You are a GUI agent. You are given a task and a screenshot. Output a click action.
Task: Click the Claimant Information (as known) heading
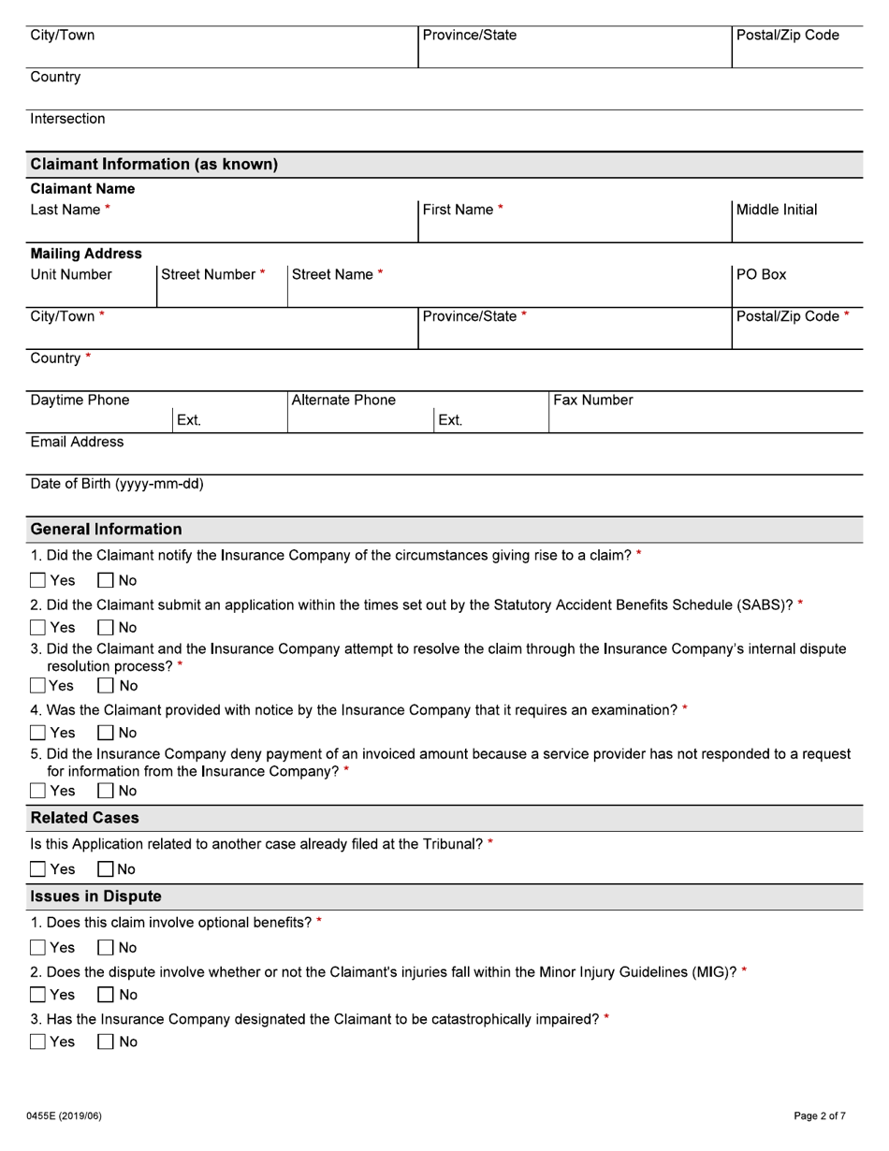pos(154,165)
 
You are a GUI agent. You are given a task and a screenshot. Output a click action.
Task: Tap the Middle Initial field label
pos(777,209)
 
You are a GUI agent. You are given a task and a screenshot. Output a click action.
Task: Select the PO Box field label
pos(761,275)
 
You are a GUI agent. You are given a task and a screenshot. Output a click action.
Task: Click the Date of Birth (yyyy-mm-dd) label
pos(117,484)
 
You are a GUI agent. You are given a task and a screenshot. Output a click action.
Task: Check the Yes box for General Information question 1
pos(38,581)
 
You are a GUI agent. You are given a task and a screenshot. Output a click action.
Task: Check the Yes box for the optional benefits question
pos(38,948)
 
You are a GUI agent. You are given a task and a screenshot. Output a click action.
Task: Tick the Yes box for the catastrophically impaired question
pos(38,1042)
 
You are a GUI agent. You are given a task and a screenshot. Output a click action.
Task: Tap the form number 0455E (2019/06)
pos(66,1115)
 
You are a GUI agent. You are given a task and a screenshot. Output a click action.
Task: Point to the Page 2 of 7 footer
pos(820,1115)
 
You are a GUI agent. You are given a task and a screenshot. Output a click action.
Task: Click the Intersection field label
pos(68,119)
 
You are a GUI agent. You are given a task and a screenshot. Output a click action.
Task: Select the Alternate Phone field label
pos(343,401)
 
